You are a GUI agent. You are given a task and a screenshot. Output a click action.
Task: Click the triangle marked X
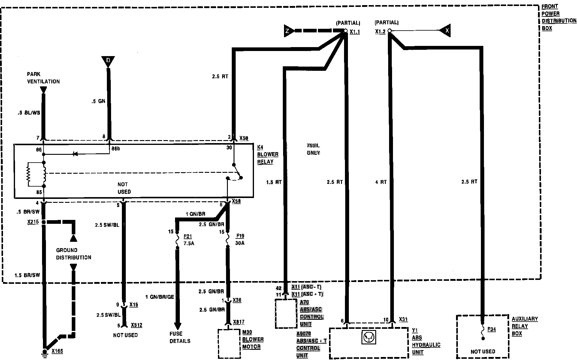click(446, 30)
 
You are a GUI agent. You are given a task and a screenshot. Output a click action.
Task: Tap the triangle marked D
click(108, 61)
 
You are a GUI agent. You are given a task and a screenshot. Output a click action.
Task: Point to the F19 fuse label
click(240, 236)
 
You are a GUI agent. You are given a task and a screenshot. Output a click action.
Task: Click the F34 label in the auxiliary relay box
click(491, 329)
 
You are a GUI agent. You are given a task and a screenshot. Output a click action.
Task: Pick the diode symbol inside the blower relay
click(75, 154)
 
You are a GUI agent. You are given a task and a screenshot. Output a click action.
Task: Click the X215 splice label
click(33, 222)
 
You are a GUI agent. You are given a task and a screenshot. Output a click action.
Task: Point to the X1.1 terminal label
click(355, 31)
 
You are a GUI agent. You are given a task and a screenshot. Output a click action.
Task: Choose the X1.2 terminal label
click(380, 31)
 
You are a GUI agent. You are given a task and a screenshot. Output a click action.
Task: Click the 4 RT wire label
click(381, 182)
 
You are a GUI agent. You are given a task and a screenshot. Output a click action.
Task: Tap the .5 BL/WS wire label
click(29, 113)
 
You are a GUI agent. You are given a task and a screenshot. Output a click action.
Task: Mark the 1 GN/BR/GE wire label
click(159, 297)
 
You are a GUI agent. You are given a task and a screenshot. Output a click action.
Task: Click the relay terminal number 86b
click(116, 149)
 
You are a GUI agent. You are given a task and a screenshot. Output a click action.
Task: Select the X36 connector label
click(237, 300)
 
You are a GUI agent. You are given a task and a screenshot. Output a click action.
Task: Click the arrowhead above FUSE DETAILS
click(177, 326)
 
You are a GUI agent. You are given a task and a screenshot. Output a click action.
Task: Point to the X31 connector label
click(403, 319)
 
